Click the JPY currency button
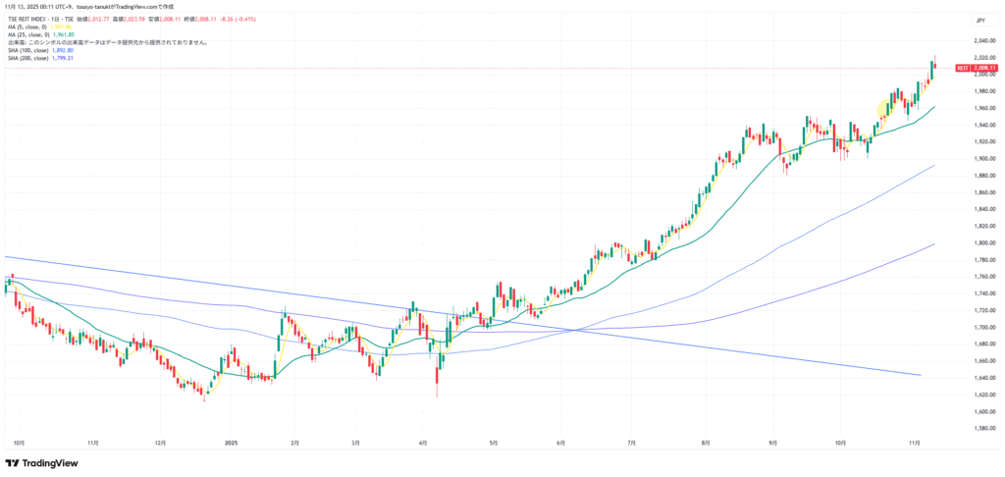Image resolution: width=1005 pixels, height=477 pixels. click(x=979, y=20)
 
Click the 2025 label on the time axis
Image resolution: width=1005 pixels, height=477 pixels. click(x=231, y=443)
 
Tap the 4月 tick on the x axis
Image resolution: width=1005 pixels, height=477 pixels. click(x=423, y=443)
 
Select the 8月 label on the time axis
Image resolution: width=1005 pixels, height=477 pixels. click(x=707, y=443)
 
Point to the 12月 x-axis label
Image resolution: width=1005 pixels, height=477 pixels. click(x=159, y=443)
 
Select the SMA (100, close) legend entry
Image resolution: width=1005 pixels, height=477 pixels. click(x=41, y=50)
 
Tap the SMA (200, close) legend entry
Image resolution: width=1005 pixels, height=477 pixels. click(x=41, y=58)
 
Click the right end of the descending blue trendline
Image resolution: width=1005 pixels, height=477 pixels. click(x=920, y=375)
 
